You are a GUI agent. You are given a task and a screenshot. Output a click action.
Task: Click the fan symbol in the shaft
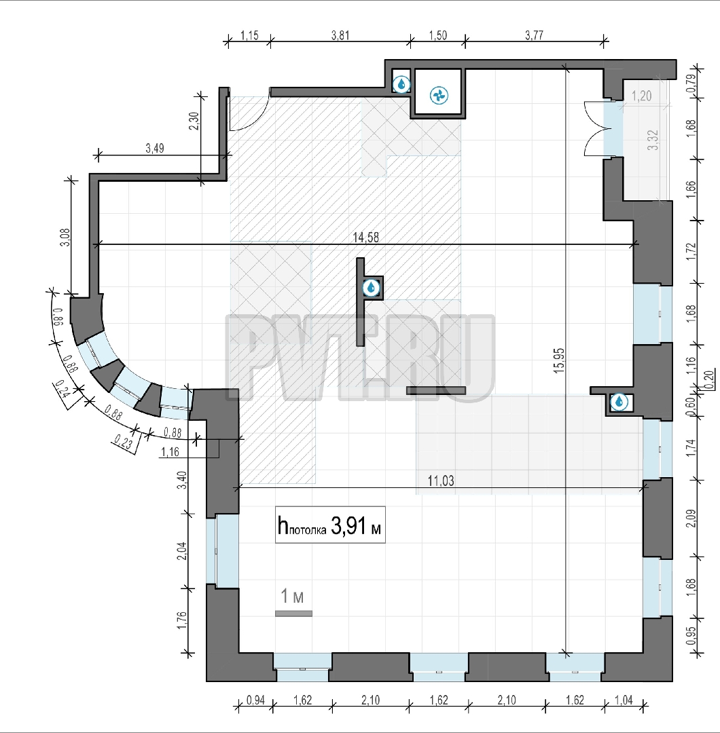439,96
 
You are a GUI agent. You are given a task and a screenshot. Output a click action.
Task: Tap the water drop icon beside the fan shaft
401,84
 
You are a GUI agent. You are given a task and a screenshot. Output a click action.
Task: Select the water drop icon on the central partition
372,288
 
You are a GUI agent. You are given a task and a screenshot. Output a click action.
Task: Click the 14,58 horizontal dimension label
366,238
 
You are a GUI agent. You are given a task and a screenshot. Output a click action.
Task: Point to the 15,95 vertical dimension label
558,360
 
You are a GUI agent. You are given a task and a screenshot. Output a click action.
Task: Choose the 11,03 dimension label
441,481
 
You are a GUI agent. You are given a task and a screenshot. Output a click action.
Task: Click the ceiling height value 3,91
348,526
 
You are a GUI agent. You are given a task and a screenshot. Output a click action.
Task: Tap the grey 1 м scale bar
293,614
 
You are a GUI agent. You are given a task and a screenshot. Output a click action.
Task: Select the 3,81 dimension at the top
340,35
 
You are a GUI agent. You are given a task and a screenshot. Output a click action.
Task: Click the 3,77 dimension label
534,35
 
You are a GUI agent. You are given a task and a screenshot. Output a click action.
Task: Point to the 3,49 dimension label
155,148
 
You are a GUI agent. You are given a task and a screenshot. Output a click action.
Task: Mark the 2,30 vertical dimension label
195,121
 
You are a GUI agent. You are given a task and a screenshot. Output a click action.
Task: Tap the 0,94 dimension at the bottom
255,700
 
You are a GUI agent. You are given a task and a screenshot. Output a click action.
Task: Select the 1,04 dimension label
624,700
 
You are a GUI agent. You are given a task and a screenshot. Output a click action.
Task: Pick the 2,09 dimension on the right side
691,518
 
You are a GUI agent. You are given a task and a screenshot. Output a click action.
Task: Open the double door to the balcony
594,128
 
